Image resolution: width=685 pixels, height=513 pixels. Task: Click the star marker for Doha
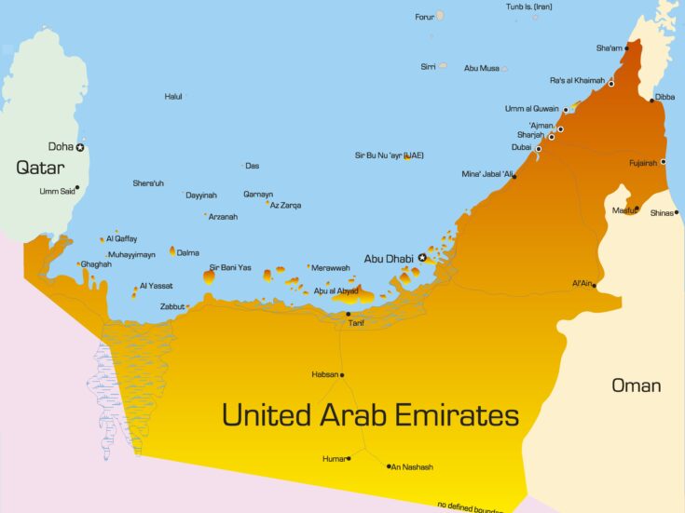[80, 147]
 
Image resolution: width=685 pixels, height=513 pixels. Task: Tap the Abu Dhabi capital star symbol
[422, 257]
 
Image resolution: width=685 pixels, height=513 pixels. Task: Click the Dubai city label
[521, 147]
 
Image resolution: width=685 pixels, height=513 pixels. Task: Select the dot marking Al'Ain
[595, 285]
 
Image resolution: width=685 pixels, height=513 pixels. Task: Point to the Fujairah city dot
[663, 162]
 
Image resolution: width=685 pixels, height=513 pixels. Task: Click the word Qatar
[40, 169]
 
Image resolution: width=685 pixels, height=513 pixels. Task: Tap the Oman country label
[636, 385]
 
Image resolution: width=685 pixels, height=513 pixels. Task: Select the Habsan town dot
[342, 375]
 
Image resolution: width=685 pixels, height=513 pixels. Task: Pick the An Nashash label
[412, 467]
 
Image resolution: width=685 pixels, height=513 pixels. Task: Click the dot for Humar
[349, 458]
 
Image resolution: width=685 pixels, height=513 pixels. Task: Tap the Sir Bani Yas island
[209, 276]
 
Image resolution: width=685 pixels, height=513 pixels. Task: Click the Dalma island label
[188, 251]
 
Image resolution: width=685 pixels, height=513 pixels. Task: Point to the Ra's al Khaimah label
[577, 80]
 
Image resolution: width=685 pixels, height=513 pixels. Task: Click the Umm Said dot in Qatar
[76, 187]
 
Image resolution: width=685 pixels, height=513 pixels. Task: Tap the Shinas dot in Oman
[677, 212]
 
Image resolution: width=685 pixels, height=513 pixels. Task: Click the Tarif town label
[355, 323]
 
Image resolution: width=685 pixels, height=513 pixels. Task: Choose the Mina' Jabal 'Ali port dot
[514, 176]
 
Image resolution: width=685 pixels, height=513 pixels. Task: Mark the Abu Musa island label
[481, 68]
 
